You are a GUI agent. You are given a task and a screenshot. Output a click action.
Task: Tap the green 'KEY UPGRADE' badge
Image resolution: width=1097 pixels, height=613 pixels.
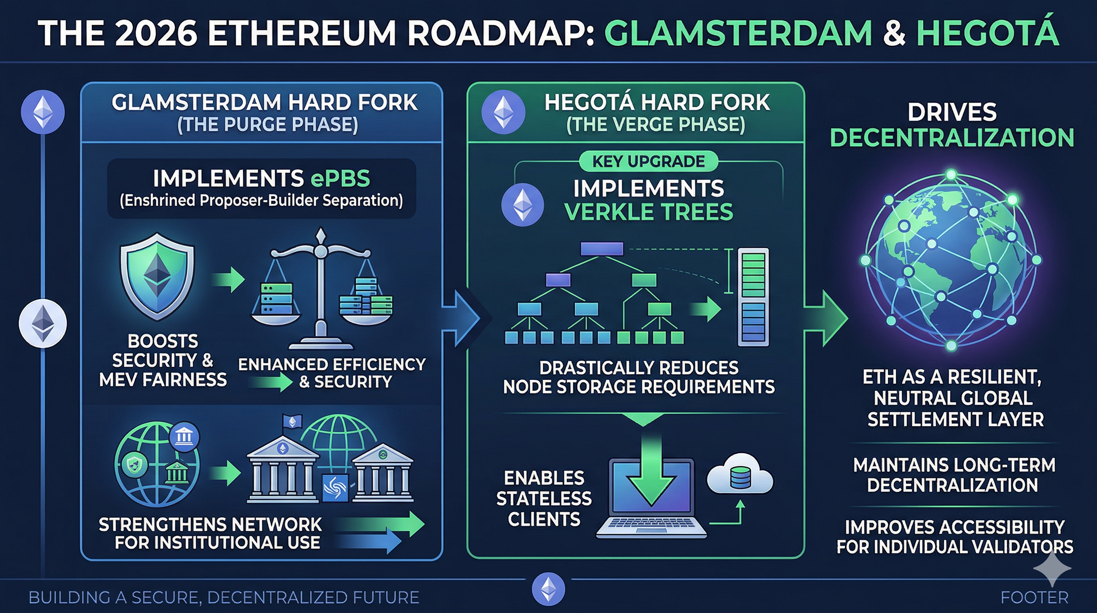click(x=648, y=162)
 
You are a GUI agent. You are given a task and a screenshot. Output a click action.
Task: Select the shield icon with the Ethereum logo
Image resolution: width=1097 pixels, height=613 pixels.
click(x=157, y=276)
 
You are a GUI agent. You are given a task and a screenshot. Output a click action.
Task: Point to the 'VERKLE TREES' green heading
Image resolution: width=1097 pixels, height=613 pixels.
click(x=648, y=212)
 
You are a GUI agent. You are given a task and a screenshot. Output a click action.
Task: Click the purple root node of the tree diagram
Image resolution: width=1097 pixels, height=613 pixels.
click(x=602, y=249)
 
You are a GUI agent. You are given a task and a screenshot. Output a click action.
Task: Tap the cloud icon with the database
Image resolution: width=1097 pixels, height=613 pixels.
click(x=740, y=474)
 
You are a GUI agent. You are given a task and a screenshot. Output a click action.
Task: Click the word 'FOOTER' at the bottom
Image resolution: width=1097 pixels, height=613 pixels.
click(x=1034, y=598)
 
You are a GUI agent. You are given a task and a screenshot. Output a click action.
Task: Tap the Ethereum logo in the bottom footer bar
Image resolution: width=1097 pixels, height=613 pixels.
click(x=548, y=589)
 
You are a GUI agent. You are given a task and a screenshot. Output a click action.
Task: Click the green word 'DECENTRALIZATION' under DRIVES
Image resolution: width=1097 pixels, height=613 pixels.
click(x=952, y=138)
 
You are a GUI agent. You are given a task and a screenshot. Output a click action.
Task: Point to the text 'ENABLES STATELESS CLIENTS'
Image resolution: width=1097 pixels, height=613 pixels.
click(x=544, y=498)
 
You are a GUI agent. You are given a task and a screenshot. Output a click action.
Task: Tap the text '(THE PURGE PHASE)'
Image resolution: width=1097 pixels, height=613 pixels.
click(x=267, y=125)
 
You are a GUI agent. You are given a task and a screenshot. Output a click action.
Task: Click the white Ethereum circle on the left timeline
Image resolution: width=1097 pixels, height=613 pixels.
click(x=43, y=323)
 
